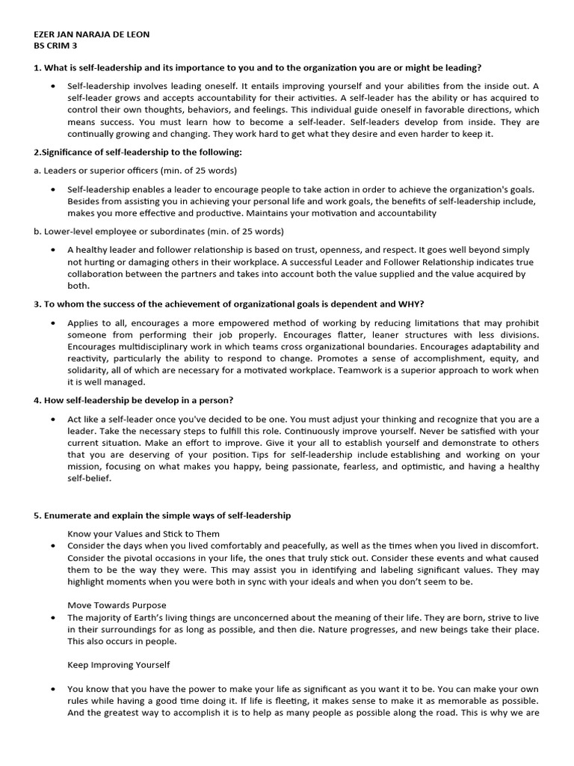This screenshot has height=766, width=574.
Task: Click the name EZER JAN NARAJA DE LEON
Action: [x=91, y=35]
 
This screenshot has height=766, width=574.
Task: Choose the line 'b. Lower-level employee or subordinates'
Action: [x=158, y=231]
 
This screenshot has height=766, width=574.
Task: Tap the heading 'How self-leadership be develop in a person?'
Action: [x=133, y=400]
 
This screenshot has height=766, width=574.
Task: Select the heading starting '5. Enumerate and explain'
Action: [x=161, y=515]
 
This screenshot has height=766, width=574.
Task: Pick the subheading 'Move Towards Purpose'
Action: [x=117, y=604]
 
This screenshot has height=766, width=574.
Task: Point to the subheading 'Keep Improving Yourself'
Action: [x=119, y=664]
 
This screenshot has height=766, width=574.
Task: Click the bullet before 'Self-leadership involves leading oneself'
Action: [x=52, y=87]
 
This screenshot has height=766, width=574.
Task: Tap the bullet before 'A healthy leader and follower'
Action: [x=52, y=250]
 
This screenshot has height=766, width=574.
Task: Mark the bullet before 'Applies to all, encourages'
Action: [x=52, y=322]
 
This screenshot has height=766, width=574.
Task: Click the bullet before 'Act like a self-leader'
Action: [x=52, y=419]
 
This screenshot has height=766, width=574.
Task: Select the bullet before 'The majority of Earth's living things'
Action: [x=52, y=618]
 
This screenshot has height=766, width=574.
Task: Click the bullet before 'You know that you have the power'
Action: [x=52, y=689]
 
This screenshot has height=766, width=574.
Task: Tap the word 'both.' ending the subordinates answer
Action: [x=78, y=285]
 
